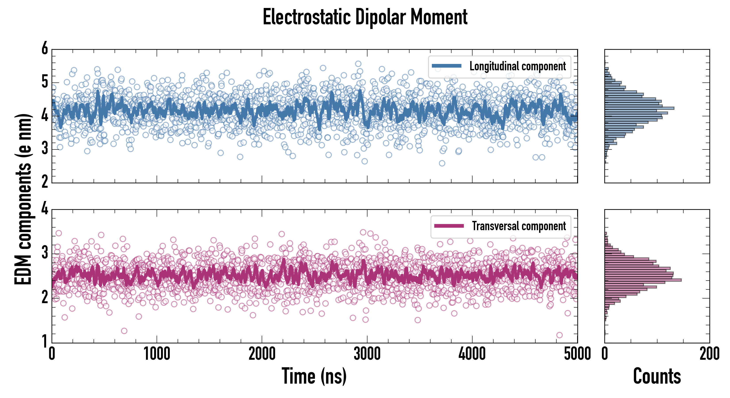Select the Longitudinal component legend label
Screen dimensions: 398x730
[x=517, y=66]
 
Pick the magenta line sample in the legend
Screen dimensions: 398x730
[x=449, y=226]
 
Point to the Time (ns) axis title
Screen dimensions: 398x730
[x=314, y=376]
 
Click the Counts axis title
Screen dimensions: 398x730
[x=657, y=376]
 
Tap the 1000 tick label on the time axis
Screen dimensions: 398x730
[x=157, y=354]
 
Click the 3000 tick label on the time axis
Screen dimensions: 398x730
[x=367, y=354]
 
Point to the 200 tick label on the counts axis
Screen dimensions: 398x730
[x=709, y=354]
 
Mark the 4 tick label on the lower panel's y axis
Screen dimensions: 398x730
[x=45, y=209]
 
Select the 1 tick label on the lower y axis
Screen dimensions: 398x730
[x=45, y=341]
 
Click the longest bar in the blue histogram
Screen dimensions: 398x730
[x=639, y=108]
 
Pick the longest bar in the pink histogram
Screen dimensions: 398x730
[x=643, y=280]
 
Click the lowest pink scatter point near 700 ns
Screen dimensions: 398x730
[x=124, y=331]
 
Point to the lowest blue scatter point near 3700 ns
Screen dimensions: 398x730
[x=442, y=163]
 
